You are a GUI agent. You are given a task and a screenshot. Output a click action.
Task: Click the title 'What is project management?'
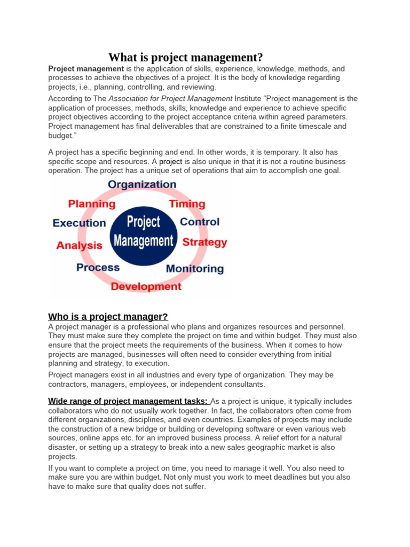click(186, 57)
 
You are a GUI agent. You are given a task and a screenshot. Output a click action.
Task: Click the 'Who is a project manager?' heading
click(108, 317)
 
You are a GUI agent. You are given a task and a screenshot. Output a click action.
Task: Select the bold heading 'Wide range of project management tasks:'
click(129, 401)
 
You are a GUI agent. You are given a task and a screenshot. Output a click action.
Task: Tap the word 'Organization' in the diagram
click(142, 184)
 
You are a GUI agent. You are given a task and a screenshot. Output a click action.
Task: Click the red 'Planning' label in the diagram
click(91, 204)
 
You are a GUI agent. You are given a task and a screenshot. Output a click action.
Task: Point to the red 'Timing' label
click(187, 204)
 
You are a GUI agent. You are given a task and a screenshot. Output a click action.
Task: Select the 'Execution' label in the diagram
click(79, 223)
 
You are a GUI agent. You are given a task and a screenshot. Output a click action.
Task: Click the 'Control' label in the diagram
click(200, 222)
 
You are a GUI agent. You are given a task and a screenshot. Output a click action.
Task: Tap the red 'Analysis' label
click(79, 245)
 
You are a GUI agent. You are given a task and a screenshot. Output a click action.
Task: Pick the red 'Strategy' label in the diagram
click(204, 242)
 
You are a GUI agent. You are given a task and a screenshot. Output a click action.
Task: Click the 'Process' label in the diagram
click(98, 267)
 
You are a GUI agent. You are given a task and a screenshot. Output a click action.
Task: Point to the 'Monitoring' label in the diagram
click(195, 268)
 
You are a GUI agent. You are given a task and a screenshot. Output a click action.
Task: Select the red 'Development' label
click(146, 287)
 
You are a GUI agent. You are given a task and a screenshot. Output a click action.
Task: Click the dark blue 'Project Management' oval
click(144, 231)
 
